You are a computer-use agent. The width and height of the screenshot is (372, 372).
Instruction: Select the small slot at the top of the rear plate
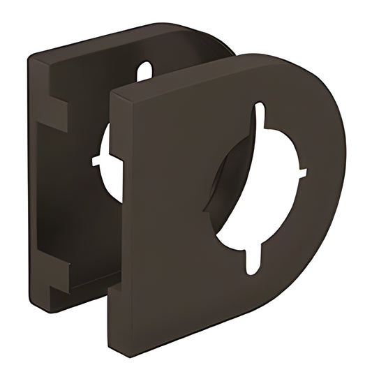click(x=144, y=71)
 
